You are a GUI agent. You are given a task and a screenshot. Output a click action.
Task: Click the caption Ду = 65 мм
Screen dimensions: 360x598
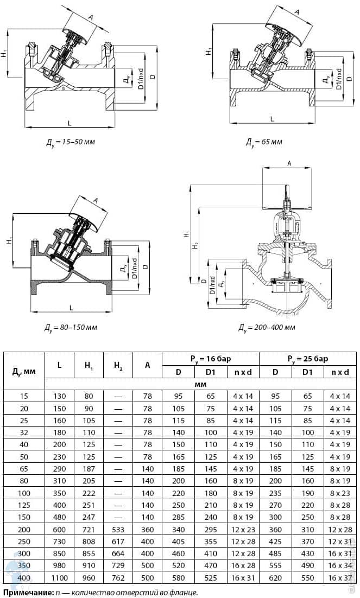(x=264, y=142)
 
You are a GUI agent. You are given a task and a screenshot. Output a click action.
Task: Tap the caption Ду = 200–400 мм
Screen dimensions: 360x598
(x=267, y=327)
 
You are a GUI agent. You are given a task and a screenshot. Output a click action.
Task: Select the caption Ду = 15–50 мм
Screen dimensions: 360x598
(x=70, y=142)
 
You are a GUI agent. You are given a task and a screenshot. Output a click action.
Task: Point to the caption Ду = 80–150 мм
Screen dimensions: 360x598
(x=70, y=328)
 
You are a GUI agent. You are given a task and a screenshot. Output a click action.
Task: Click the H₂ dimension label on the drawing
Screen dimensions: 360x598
(x=195, y=246)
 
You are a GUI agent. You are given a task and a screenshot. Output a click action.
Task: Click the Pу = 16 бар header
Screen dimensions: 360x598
(x=210, y=359)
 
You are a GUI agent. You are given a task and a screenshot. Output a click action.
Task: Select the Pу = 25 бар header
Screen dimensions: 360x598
(x=307, y=359)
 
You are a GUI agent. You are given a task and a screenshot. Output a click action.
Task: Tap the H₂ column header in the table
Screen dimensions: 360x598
(x=118, y=365)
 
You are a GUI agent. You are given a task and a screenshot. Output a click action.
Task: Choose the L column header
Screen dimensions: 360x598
(x=59, y=365)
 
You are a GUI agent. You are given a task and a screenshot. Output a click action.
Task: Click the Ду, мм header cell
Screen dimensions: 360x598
(x=24, y=371)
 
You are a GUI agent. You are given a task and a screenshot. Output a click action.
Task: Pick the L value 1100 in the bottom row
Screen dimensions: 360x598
(x=59, y=578)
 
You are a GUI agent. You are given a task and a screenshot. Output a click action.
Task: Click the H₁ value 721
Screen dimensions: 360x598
(x=89, y=529)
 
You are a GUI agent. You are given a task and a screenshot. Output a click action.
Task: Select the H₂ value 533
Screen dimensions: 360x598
(x=118, y=529)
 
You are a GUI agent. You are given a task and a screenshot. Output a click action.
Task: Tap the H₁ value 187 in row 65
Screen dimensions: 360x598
(x=89, y=469)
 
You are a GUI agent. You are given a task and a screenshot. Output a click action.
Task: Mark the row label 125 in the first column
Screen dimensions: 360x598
(x=24, y=505)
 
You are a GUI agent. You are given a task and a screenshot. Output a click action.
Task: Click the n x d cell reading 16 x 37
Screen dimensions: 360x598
(x=340, y=578)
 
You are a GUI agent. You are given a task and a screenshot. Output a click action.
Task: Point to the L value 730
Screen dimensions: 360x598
(x=59, y=542)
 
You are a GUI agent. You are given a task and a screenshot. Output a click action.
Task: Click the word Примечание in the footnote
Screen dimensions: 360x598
(x=27, y=592)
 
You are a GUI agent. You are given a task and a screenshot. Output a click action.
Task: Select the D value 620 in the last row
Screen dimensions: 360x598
(x=275, y=578)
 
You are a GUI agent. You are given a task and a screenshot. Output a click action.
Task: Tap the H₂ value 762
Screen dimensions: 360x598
(x=118, y=578)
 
